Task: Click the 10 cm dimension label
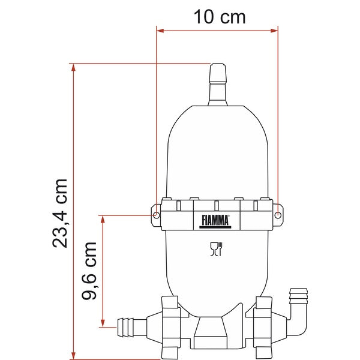point(220,16)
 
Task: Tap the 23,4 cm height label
point(60,212)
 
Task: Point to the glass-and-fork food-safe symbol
point(216,248)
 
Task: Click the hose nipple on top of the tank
point(217,84)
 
